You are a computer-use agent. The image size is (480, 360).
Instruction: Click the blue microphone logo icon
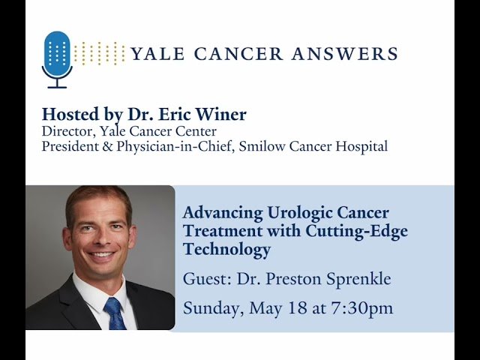pos(58,57)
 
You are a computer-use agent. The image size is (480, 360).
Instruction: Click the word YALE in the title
pos(155,54)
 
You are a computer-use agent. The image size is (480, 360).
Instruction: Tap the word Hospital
pos(362,146)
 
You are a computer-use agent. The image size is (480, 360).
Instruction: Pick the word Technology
pos(226,250)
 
